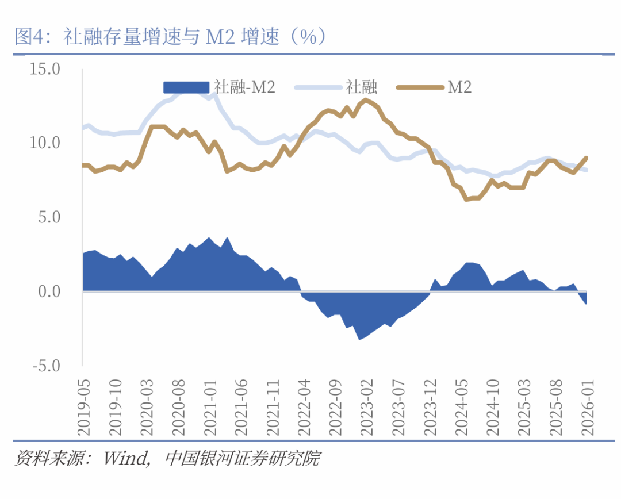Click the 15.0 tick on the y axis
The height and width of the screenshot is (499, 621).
tap(45, 70)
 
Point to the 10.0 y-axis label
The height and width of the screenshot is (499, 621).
tap(45, 143)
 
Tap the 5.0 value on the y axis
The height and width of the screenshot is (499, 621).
tap(49, 217)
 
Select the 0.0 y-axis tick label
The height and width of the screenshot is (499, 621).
tap(49, 291)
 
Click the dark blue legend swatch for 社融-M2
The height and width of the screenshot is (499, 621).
tap(186, 87)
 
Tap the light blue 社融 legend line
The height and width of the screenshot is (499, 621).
tap(317, 87)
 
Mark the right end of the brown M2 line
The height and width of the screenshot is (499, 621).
tap(586, 157)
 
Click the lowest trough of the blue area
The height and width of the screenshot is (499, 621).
tap(360, 339)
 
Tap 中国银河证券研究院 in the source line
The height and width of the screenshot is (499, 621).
tap(242, 459)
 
